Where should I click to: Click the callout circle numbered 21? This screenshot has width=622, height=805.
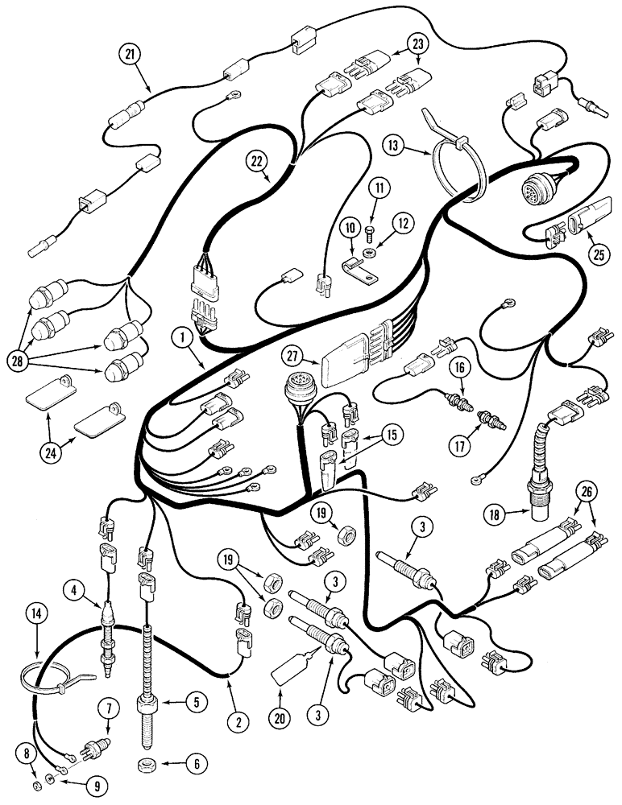[x=130, y=55]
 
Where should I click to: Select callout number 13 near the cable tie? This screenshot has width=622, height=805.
[x=392, y=146]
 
